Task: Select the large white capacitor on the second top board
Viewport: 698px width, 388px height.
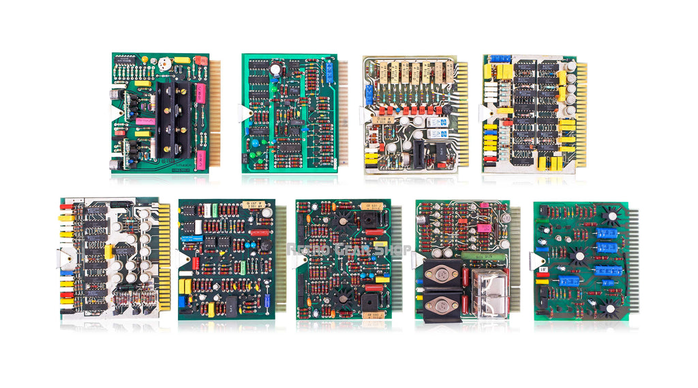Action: click(275, 68)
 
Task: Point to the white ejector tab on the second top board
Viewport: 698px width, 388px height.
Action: click(246, 113)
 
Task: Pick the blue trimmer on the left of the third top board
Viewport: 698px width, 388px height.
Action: click(369, 95)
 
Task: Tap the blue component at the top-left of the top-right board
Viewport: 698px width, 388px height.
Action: click(500, 59)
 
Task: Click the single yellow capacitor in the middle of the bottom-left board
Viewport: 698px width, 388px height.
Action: click(108, 252)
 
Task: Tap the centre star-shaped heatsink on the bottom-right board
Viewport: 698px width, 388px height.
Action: click(579, 258)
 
